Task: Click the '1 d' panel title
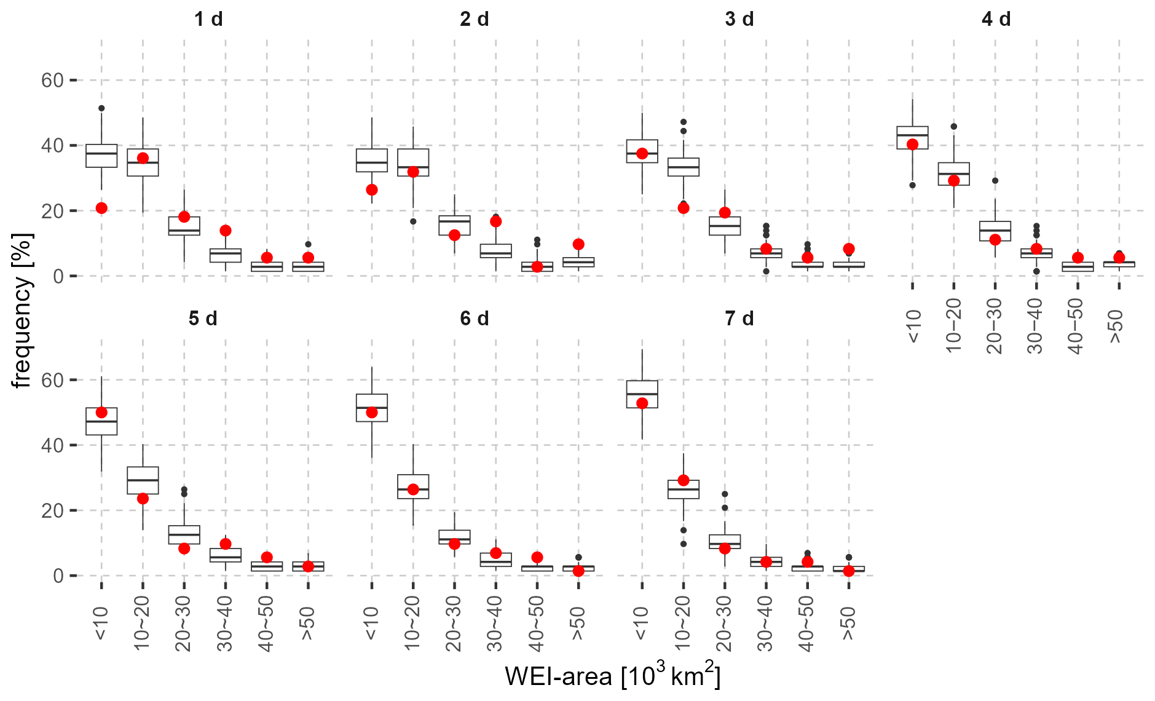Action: [208, 19]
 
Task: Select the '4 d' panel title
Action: [996, 19]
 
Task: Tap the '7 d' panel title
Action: [739, 319]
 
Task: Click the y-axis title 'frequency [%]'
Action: [22, 311]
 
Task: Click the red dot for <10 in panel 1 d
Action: [101, 208]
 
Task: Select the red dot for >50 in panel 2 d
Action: [578, 244]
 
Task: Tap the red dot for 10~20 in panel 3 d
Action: [684, 208]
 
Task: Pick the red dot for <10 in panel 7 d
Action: [642, 403]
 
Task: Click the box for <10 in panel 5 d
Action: [101, 421]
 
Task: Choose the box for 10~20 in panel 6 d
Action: [413, 486]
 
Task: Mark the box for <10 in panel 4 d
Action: [912, 137]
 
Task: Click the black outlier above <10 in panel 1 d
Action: [101, 108]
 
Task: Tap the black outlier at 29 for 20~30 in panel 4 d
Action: [995, 181]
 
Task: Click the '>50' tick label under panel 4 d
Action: [1118, 327]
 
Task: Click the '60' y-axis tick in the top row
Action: [53, 80]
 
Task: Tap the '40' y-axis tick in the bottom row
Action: [53, 445]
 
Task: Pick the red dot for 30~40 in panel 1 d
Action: [226, 231]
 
